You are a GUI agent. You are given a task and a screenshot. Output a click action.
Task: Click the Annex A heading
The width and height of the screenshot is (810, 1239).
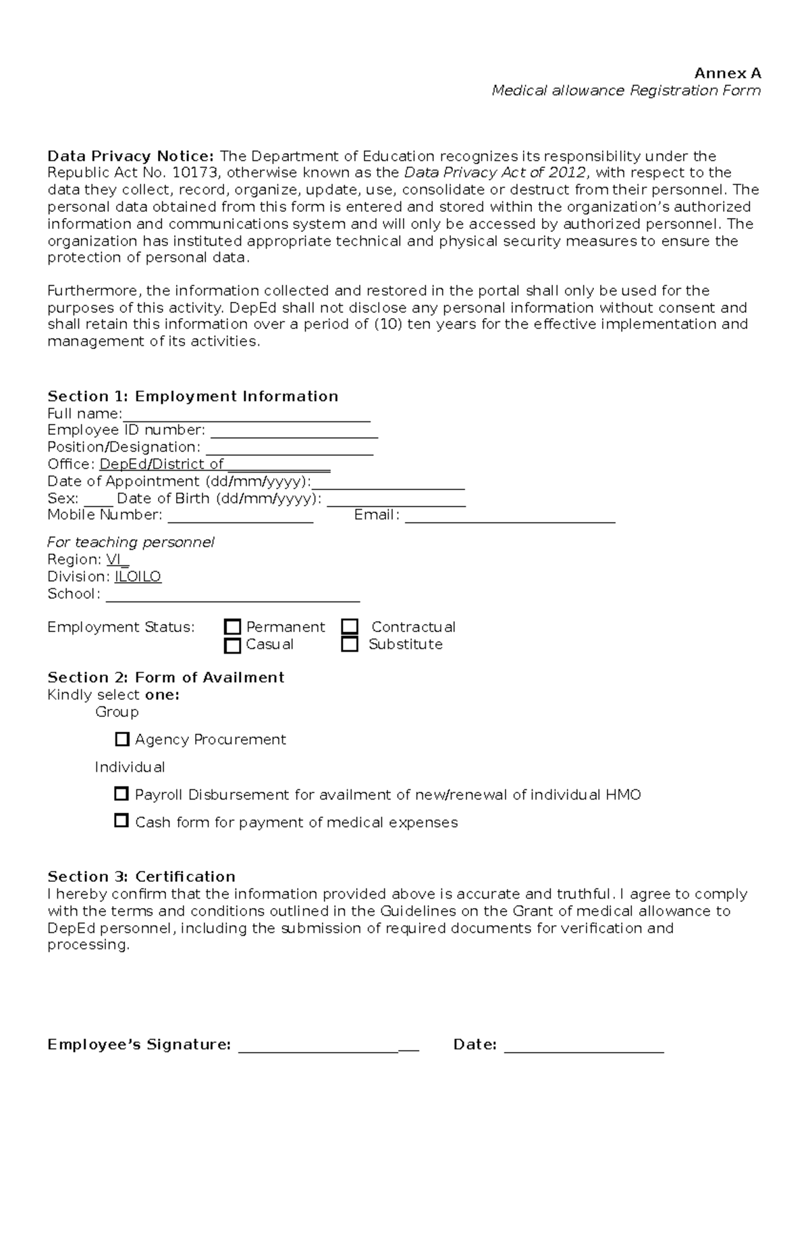(x=728, y=73)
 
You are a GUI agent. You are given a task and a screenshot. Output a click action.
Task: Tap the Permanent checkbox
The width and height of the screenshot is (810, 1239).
(x=232, y=627)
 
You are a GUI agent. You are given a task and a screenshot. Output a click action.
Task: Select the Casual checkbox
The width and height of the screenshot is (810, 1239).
(x=232, y=645)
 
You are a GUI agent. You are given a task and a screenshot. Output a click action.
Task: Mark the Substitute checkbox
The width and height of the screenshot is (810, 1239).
(x=350, y=644)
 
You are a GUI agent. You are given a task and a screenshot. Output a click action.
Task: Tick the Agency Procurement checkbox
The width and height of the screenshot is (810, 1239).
(x=122, y=739)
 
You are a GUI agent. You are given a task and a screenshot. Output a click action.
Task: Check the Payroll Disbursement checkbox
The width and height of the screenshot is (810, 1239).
(x=122, y=794)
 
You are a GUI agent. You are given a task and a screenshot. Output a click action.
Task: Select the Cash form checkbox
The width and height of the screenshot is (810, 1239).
(x=122, y=821)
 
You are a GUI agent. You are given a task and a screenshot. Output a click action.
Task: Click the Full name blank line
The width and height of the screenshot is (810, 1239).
(x=246, y=417)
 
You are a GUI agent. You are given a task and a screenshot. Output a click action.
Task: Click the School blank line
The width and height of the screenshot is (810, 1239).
(x=233, y=598)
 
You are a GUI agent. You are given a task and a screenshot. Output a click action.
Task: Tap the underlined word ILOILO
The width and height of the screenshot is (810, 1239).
(x=138, y=577)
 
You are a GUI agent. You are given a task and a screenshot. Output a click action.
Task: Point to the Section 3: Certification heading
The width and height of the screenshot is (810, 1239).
(x=141, y=876)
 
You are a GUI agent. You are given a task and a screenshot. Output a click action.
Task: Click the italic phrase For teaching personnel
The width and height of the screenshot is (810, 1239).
(x=131, y=542)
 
